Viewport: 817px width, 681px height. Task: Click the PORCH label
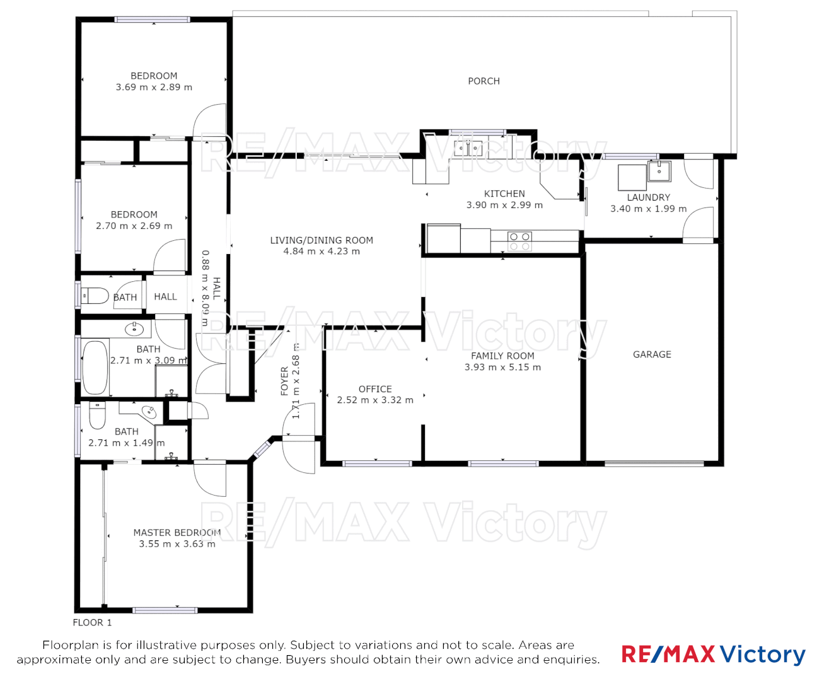(484, 81)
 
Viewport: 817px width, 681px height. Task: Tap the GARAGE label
(652, 354)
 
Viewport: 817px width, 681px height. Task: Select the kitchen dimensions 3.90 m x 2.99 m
(504, 205)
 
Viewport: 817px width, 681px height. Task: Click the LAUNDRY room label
(648, 197)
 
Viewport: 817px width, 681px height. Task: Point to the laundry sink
(659, 171)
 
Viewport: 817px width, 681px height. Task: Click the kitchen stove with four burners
(519, 242)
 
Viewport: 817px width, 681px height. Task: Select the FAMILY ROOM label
(502, 356)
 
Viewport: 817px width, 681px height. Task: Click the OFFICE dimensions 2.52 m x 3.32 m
(375, 400)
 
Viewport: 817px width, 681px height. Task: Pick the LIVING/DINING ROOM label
(322, 240)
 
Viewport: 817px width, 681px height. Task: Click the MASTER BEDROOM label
(177, 533)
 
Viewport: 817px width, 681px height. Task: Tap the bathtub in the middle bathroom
(95, 368)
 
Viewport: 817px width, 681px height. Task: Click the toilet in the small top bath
(95, 295)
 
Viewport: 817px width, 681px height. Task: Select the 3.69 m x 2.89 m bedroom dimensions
(154, 88)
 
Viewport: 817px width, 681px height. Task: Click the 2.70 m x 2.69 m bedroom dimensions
(134, 226)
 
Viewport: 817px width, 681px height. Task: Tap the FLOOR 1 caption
(92, 622)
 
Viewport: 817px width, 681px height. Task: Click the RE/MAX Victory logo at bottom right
(713, 655)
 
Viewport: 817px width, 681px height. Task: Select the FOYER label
(284, 382)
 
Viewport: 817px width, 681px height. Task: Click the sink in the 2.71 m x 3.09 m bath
(134, 329)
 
